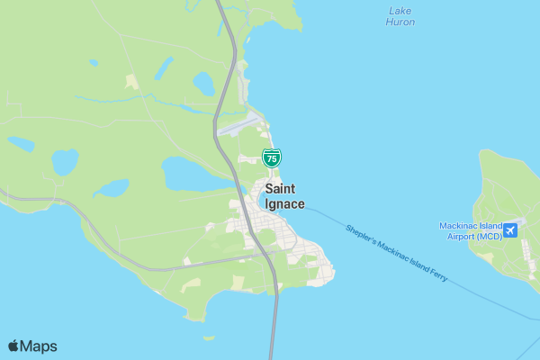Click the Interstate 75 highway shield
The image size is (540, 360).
[x=272, y=157]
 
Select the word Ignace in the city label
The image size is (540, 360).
[x=284, y=204]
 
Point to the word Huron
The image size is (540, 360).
[x=400, y=22]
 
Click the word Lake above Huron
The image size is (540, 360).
[x=400, y=11]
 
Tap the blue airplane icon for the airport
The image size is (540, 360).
[x=510, y=231]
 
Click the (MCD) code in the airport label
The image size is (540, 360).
[x=486, y=237]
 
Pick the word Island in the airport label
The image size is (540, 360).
[x=486, y=226]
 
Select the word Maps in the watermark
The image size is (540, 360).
[x=39, y=346]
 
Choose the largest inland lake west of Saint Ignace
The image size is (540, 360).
[x=189, y=174]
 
